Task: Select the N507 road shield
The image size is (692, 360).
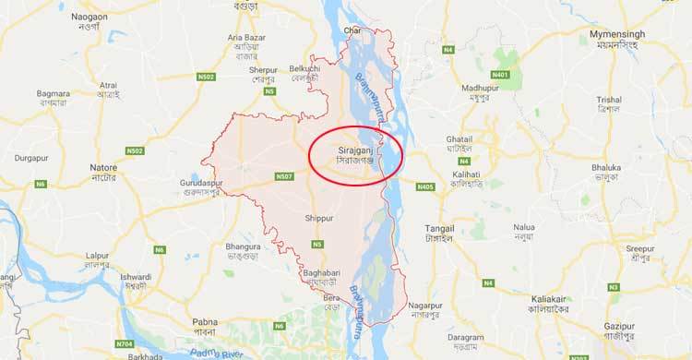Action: pos(283,175)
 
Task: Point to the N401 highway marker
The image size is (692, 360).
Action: pos(501,73)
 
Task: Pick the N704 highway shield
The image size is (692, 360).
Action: pos(125,343)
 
